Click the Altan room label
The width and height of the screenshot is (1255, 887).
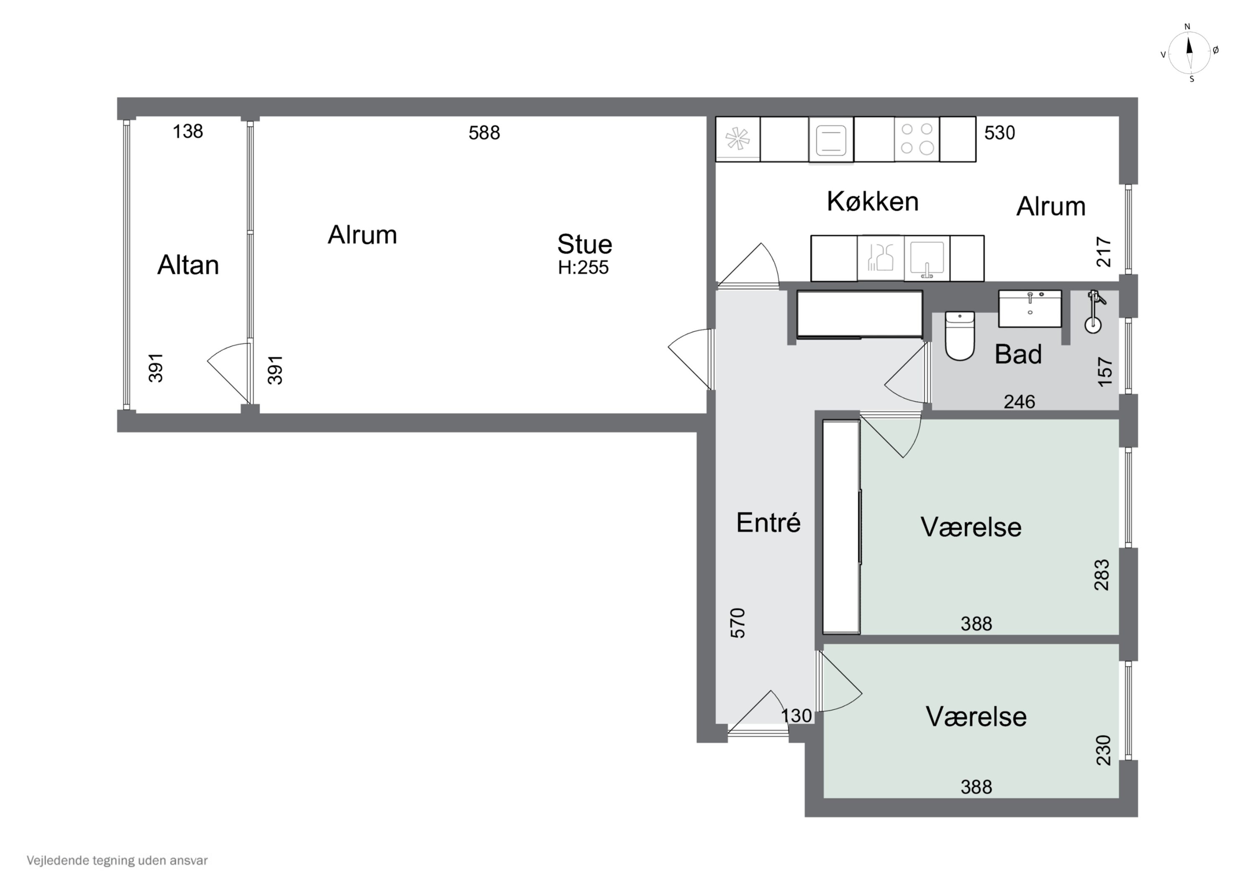pyautogui.click(x=188, y=265)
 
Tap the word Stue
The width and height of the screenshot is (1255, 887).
pyautogui.click(x=584, y=244)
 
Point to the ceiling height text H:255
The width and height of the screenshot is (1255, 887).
pyautogui.click(x=583, y=267)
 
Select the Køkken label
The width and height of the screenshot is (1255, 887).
pyautogui.click(x=872, y=201)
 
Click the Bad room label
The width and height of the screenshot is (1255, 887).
pyautogui.click(x=1018, y=354)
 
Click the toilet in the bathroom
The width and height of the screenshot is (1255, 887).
pyautogui.click(x=959, y=335)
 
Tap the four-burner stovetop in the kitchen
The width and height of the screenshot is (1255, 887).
pyautogui.click(x=917, y=139)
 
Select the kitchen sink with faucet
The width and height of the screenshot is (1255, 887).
pyautogui.click(x=927, y=258)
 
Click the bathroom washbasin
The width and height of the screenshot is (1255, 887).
pyautogui.click(x=1030, y=309)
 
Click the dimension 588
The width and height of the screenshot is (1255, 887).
pyautogui.click(x=484, y=133)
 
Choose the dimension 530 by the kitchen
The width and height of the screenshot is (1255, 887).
pyautogui.click(x=999, y=133)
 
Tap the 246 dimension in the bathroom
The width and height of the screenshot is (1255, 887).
pyautogui.click(x=1019, y=402)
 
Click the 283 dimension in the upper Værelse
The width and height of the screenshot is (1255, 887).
pyautogui.click(x=1101, y=574)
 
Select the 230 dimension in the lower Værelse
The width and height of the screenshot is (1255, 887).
pyautogui.click(x=1104, y=750)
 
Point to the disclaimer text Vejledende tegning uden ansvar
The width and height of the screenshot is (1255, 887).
pyautogui.click(x=117, y=861)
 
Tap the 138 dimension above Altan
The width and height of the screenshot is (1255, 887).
pyautogui.click(x=187, y=131)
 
